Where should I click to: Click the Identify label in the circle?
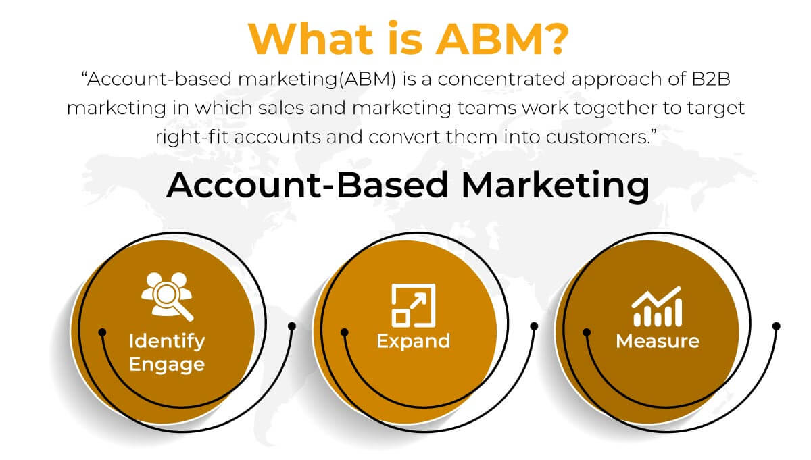pos(166,340)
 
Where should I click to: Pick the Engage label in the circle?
pos(166,365)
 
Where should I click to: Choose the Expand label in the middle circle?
pos(413,340)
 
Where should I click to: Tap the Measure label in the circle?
pos(657,340)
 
